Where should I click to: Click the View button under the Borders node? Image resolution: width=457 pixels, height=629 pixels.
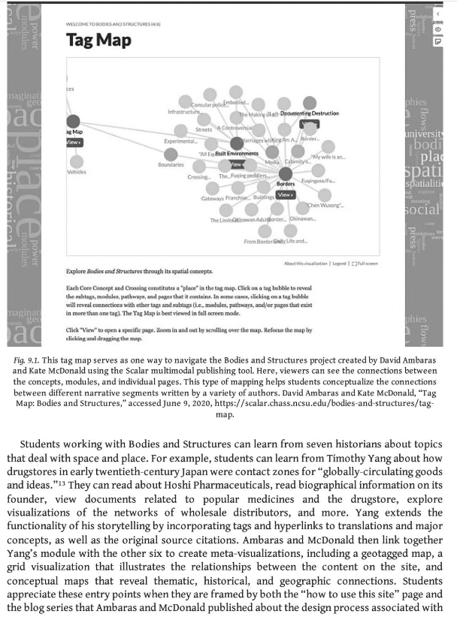click(283, 194)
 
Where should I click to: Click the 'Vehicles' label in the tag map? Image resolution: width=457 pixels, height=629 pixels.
click(77, 171)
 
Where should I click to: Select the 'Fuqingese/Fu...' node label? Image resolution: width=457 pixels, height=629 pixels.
click(319, 181)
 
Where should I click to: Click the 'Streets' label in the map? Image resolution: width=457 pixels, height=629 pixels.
click(204, 129)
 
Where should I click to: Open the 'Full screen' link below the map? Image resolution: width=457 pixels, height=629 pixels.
click(367, 263)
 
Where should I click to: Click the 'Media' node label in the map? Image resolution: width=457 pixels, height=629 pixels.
click(272, 162)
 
